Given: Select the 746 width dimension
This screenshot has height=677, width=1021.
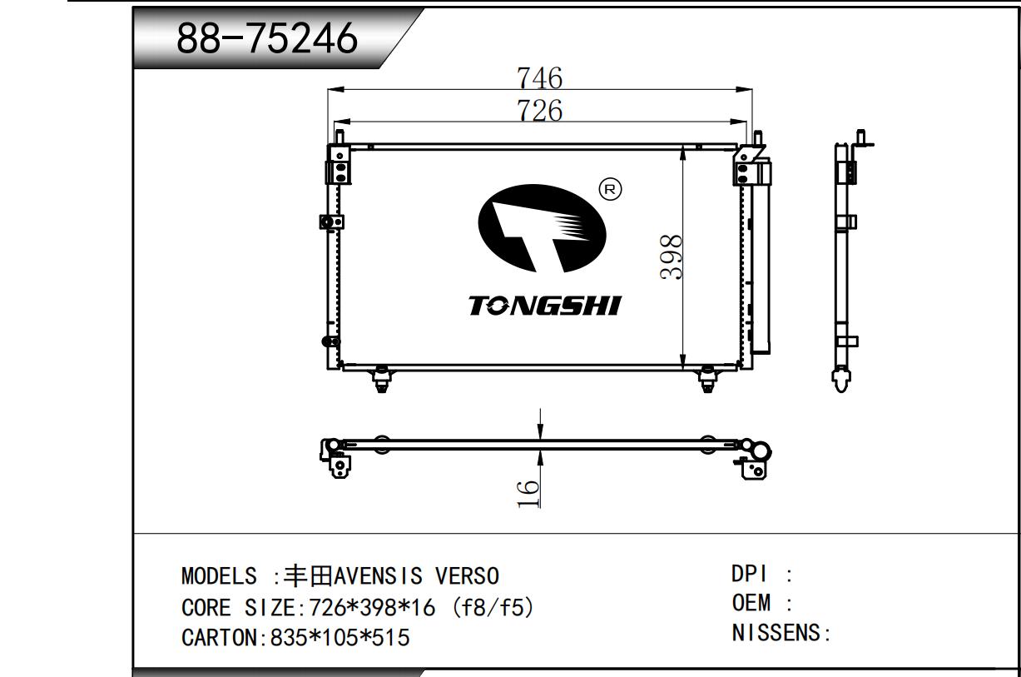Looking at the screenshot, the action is pos(540,78).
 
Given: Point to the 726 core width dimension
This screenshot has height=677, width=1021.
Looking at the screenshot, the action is pos(540,111).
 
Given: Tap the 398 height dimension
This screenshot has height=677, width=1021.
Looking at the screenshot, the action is pos(671,256).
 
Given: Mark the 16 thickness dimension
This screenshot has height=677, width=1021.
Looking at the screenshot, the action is pos(528,493).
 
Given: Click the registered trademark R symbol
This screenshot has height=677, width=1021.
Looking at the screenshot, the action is pos(610,189).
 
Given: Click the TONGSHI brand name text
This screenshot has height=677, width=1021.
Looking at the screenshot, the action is pos(545,306).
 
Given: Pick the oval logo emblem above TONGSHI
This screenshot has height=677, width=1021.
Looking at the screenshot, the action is pos(542,228).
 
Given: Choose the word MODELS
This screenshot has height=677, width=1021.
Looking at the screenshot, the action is pos(219,576).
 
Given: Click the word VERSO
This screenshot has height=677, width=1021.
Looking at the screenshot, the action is pos(467,576).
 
